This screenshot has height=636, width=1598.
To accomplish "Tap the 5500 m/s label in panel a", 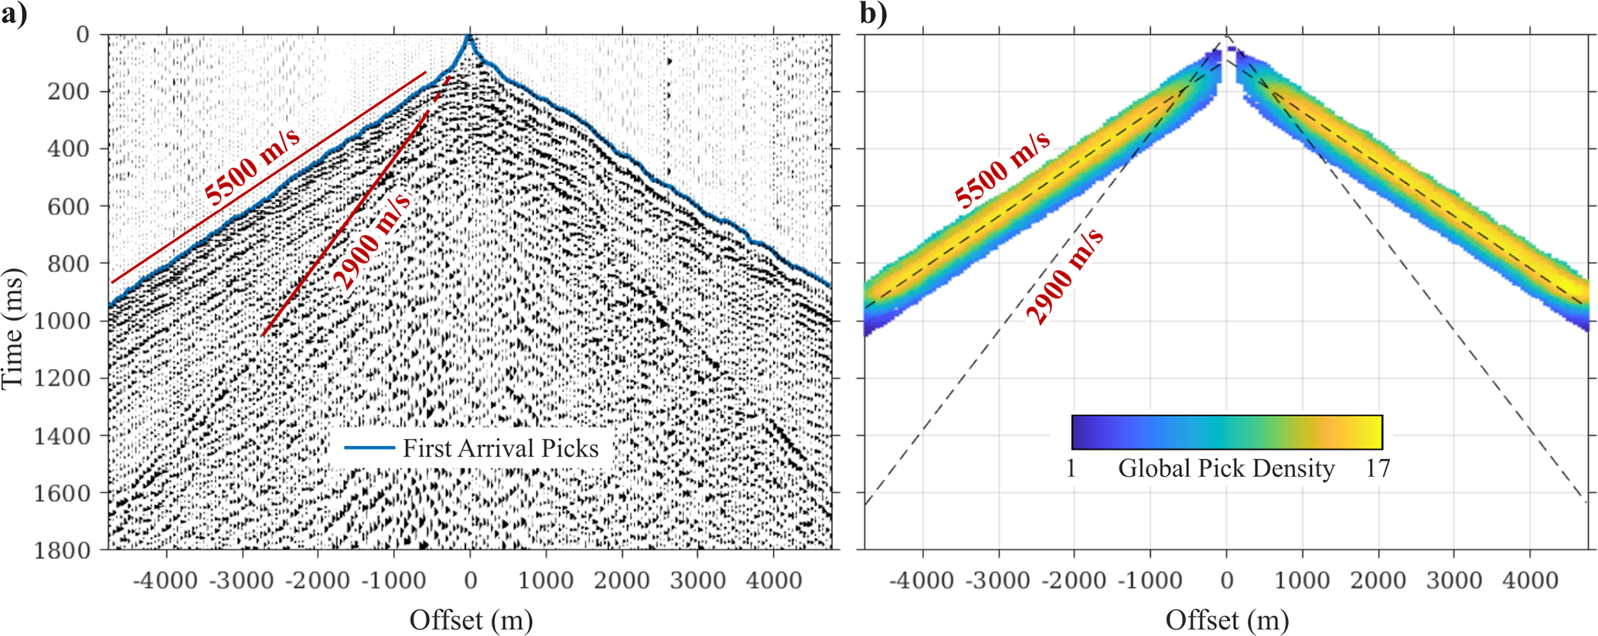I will click(253, 167).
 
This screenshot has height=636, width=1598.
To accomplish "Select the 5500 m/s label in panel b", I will click(1003, 169).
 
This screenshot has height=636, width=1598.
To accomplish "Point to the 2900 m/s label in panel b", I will click(1065, 276).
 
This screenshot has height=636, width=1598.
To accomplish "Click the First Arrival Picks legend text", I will click(500, 448).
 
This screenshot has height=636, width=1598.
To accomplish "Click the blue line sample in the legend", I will click(369, 447).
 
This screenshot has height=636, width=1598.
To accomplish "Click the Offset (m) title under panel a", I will click(471, 620).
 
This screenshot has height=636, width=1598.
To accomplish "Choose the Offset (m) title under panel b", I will click(1227, 620).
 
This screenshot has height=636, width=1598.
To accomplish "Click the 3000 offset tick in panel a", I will click(697, 580).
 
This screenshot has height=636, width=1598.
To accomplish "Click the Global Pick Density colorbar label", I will click(1226, 468).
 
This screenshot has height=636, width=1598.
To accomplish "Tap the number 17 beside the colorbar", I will click(1378, 468).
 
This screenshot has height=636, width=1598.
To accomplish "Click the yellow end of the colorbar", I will click(1371, 432).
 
